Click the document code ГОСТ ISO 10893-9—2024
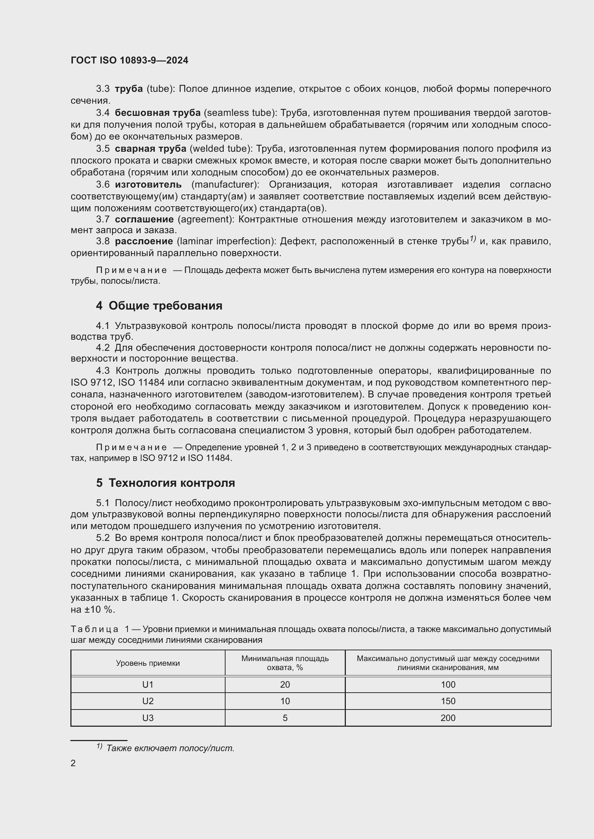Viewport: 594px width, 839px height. [130, 60]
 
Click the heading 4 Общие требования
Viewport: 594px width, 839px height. [159, 306]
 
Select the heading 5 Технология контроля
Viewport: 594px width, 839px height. [165, 483]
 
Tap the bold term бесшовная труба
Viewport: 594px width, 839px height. [158, 113]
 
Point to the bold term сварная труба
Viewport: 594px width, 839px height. [150, 149]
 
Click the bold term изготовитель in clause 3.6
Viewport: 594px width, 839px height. [148, 184]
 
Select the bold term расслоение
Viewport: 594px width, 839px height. [144, 241]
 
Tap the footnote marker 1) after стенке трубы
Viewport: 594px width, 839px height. [473, 239]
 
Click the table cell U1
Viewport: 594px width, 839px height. [148, 684]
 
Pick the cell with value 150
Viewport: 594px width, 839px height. [448, 701]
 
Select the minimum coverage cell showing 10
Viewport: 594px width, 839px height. [284, 701]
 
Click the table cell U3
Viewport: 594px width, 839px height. [148, 718]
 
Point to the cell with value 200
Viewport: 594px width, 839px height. [448, 718]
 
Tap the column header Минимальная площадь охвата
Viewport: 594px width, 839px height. [284, 663]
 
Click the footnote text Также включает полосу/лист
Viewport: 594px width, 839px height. [170, 748]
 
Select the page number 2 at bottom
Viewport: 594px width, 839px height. [73, 763]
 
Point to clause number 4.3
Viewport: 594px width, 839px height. [103, 371]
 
